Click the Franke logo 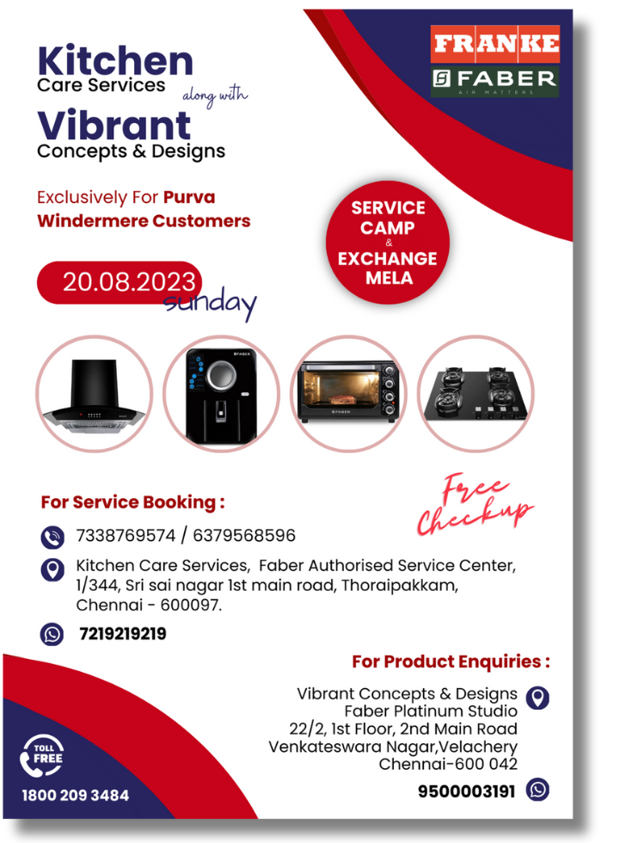pyautogui.click(x=495, y=44)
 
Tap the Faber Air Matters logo pyautogui.click(x=495, y=81)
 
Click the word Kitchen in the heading pyautogui.click(x=115, y=61)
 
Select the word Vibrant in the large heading pyautogui.click(x=114, y=126)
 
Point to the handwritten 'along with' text pyautogui.click(x=215, y=95)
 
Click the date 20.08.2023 pyautogui.click(x=129, y=282)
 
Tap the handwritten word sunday pyautogui.click(x=210, y=303)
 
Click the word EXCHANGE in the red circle pyautogui.click(x=388, y=259)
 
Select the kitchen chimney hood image pyautogui.click(x=94, y=395)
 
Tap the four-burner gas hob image pyautogui.click(x=476, y=393)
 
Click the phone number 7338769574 pyautogui.click(x=126, y=535)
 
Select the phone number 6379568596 pyautogui.click(x=244, y=535)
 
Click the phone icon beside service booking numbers pyautogui.click(x=52, y=537)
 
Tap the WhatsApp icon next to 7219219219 pyautogui.click(x=52, y=635)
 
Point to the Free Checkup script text pyautogui.click(x=475, y=505)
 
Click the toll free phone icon pyautogui.click(x=41, y=756)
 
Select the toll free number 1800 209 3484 pyautogui.click(x=76, y=795)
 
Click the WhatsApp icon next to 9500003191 pyautogui.click(x=537, y=790)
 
